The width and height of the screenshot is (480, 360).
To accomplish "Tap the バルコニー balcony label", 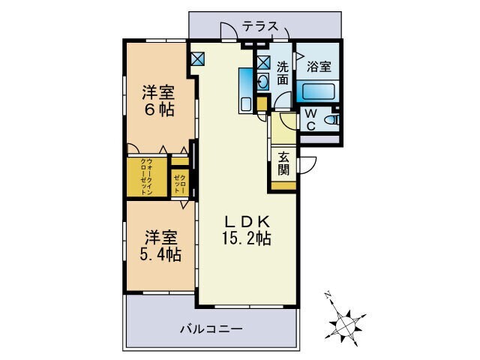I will pos(211,328).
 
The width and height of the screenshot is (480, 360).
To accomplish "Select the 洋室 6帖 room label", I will pos(159,101).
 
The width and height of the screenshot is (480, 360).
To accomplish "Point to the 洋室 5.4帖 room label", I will pos(159,246).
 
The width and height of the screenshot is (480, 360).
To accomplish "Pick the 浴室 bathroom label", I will pos(319,67).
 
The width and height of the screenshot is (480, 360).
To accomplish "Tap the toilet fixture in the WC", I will pos(335,118).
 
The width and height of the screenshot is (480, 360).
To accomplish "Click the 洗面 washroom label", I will pos(283,72).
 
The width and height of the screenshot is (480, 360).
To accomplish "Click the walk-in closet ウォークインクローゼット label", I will pos(148,177).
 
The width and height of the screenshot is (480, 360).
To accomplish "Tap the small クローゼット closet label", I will pos(180,183).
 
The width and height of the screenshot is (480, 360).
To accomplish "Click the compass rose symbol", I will pos(346,322).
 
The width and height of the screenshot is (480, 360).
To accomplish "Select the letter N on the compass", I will pos(328,295).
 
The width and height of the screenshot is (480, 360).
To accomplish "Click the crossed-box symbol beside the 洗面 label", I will pos(263,63).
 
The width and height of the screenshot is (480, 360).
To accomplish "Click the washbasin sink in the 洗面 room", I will pos(264,82).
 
